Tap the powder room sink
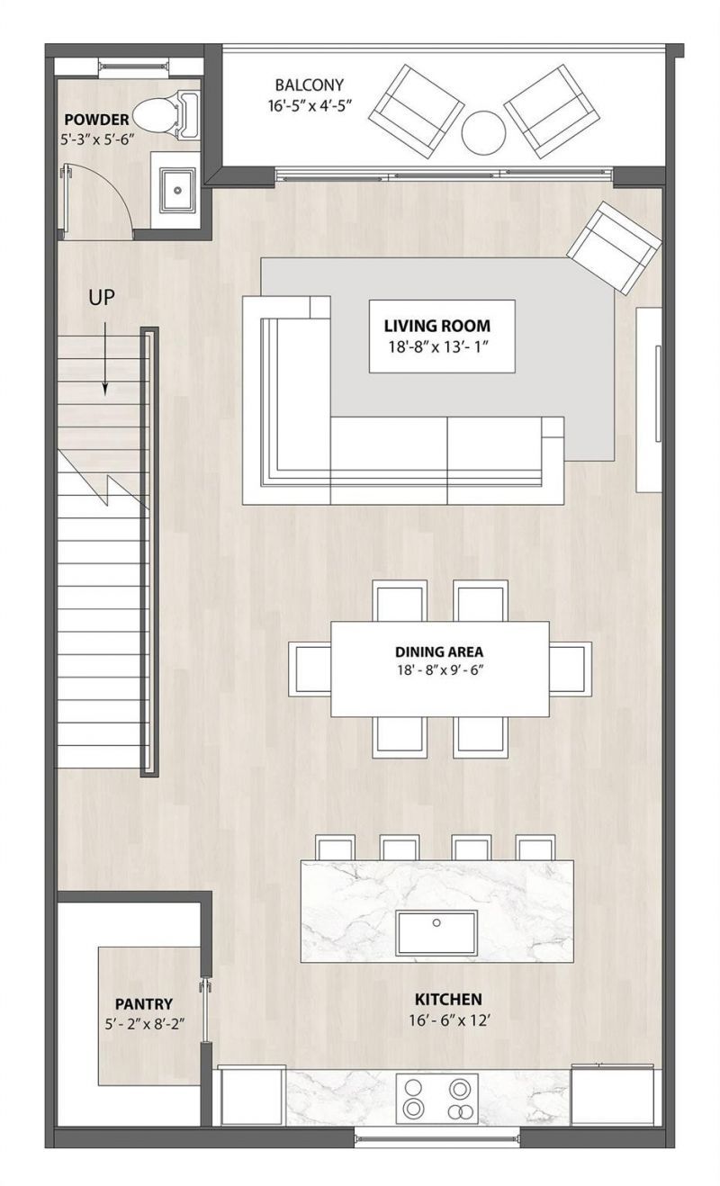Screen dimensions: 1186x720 pos(177,190)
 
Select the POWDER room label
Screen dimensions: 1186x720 pos(96,120)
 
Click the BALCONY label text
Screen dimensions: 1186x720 pos(310,85)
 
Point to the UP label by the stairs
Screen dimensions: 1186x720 pos(102,298)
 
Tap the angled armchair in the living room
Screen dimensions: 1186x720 pos(614,247)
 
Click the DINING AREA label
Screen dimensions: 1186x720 pos(438,651)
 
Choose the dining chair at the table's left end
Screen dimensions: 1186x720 pos(310,669)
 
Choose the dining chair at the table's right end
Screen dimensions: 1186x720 pos(570,669)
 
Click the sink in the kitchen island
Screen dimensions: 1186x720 pos(437,930)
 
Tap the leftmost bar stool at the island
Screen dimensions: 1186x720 pos(336,848)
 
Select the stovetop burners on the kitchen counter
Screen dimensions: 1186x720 pos(436,1099)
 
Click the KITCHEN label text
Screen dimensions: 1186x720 pos(447,999)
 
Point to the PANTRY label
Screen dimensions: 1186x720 pos(143,1004)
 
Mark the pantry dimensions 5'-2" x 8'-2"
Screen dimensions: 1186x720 pos(143,1024)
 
